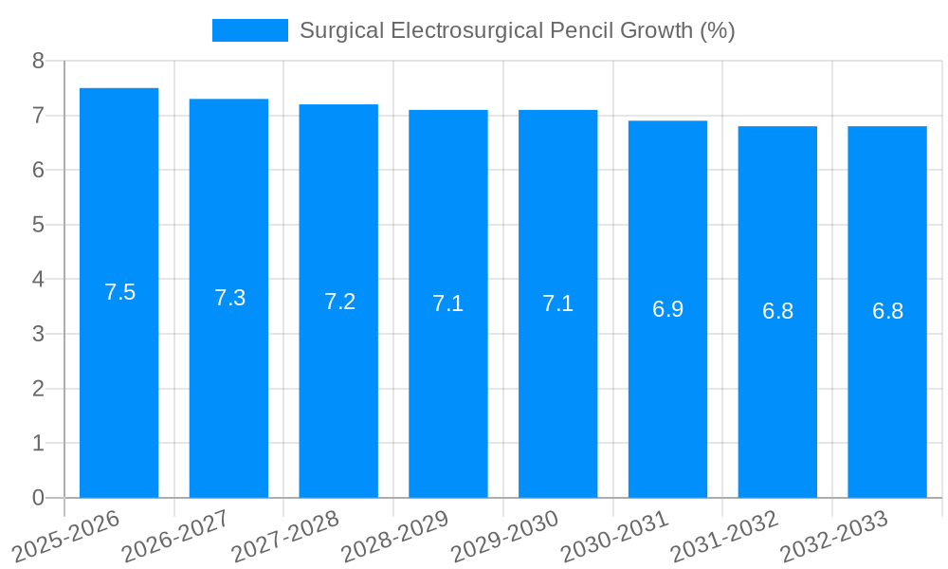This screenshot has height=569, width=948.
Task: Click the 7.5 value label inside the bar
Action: (x=120, y=292)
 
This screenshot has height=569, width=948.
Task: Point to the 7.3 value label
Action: (x=229, y=298)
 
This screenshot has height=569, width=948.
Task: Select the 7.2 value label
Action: (x=339, y=302)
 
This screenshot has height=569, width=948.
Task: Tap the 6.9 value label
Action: (x=667, y=309)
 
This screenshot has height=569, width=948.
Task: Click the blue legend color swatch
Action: (x=249, y=30)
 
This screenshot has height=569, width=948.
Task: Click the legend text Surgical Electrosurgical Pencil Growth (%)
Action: (x=517, y=30)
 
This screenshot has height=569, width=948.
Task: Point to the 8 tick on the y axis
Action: (x=38, y=61)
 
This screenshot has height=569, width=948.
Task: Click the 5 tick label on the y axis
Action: (x=38, y=225)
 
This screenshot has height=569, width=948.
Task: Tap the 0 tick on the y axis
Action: (x=38, y=498)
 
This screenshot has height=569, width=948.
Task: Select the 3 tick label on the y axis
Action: (x=38, y=334)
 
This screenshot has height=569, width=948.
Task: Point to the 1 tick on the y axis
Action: (x=38, y=443)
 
